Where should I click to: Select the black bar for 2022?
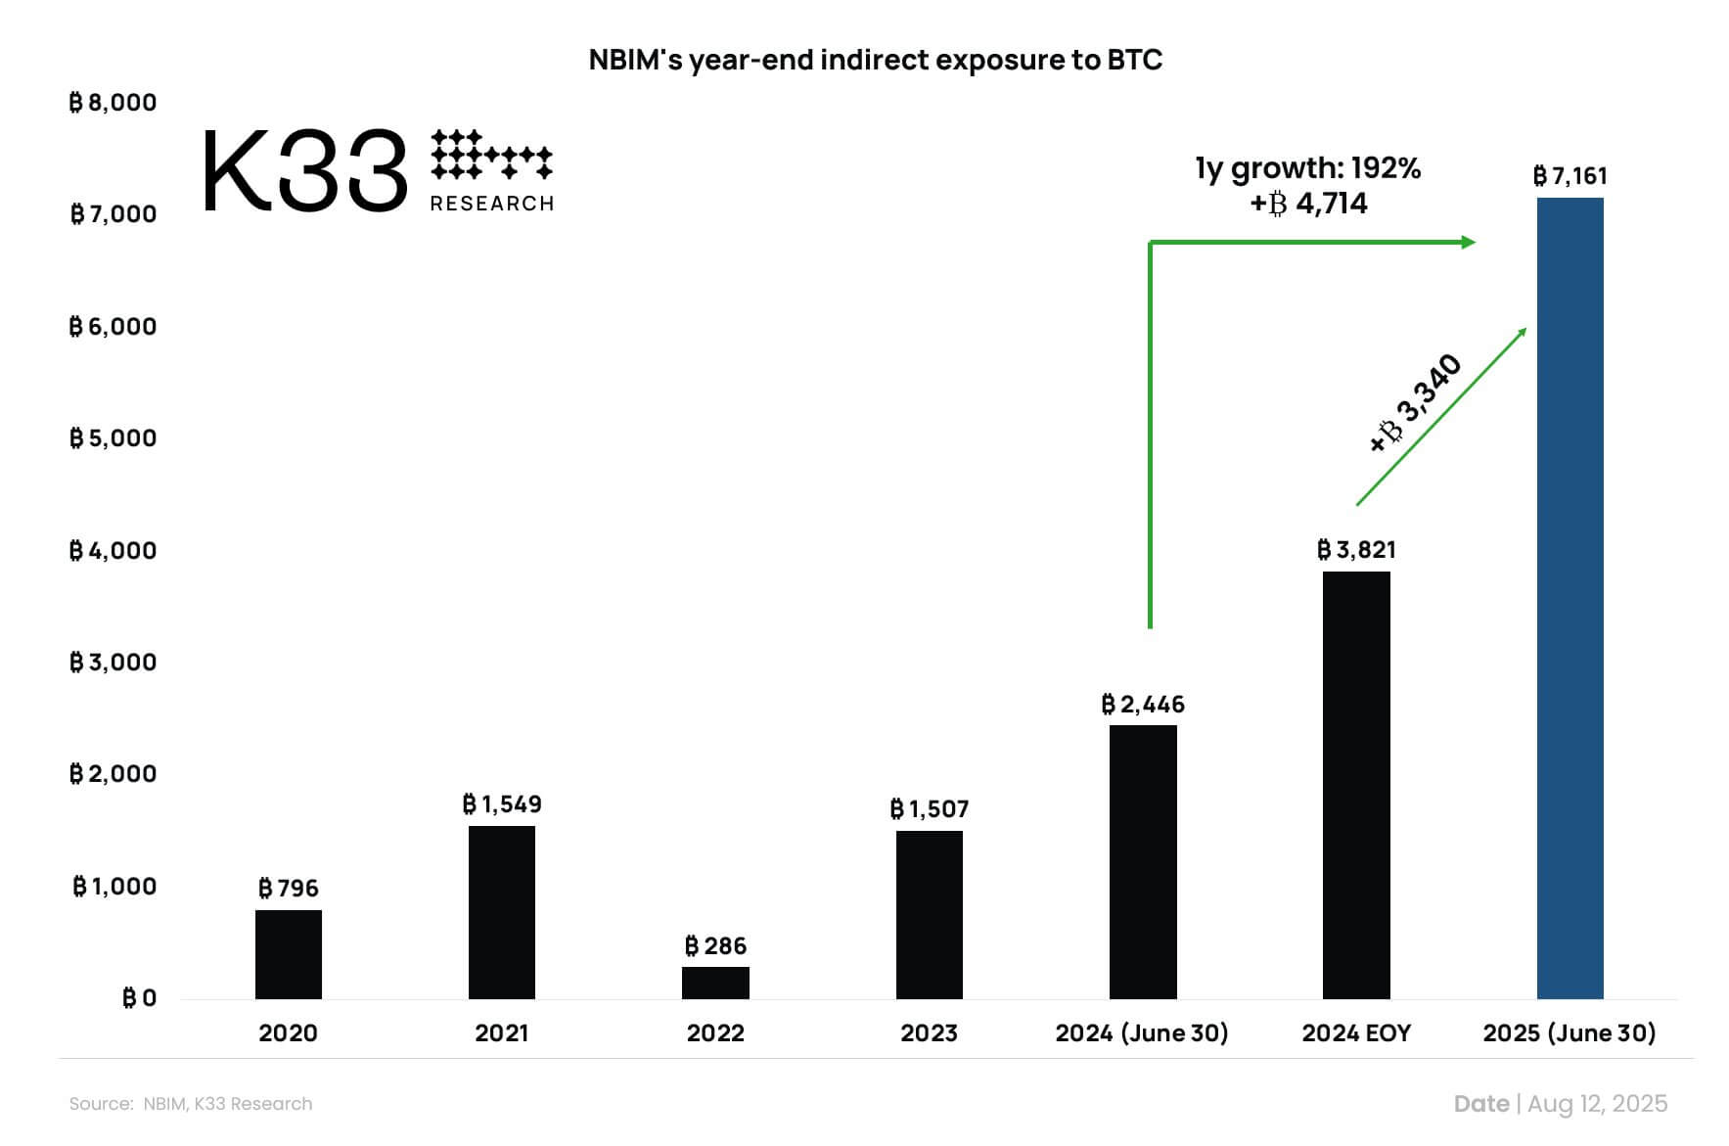pyautogui.click(x=715, y=983)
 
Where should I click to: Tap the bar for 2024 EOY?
pyautogui.click(x=1356, y=785)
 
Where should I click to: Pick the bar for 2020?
pyautogui.click(x=289, y=954)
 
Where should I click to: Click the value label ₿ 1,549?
pyautogui.click(x=502, y=804)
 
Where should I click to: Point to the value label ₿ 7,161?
pyautogui.click(x=1570, y=176)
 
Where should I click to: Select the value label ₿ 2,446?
pyautogui.click(x=1143, y=705)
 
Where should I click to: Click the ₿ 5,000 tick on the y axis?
pyautogui.click(x=113, y=438)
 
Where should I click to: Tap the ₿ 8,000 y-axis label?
pyautogui.click(x=113, y=103)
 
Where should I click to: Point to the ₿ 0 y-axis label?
pyautogui.click(x=139, y=998)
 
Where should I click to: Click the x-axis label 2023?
pyautogui.click(x=929, y=1033)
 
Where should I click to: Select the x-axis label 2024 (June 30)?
pyautogui.click(x=1142, y=1033)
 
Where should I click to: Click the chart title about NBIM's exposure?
pyautogui.click(x=875, y=61)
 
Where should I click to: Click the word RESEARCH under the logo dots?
pyautogui.click(x=492, y=204)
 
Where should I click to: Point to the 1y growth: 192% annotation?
pyautogui.click(x=1307, y=168)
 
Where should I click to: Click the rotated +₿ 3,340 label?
pyautogui.click(x=1415, y=403)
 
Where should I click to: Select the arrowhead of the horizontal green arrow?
pyautogui.click(x=1469, y=242)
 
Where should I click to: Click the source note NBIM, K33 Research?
pyautogui.click(x=227, y=1104)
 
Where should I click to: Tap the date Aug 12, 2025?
pyautogui.click(x=1597, y=1104)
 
